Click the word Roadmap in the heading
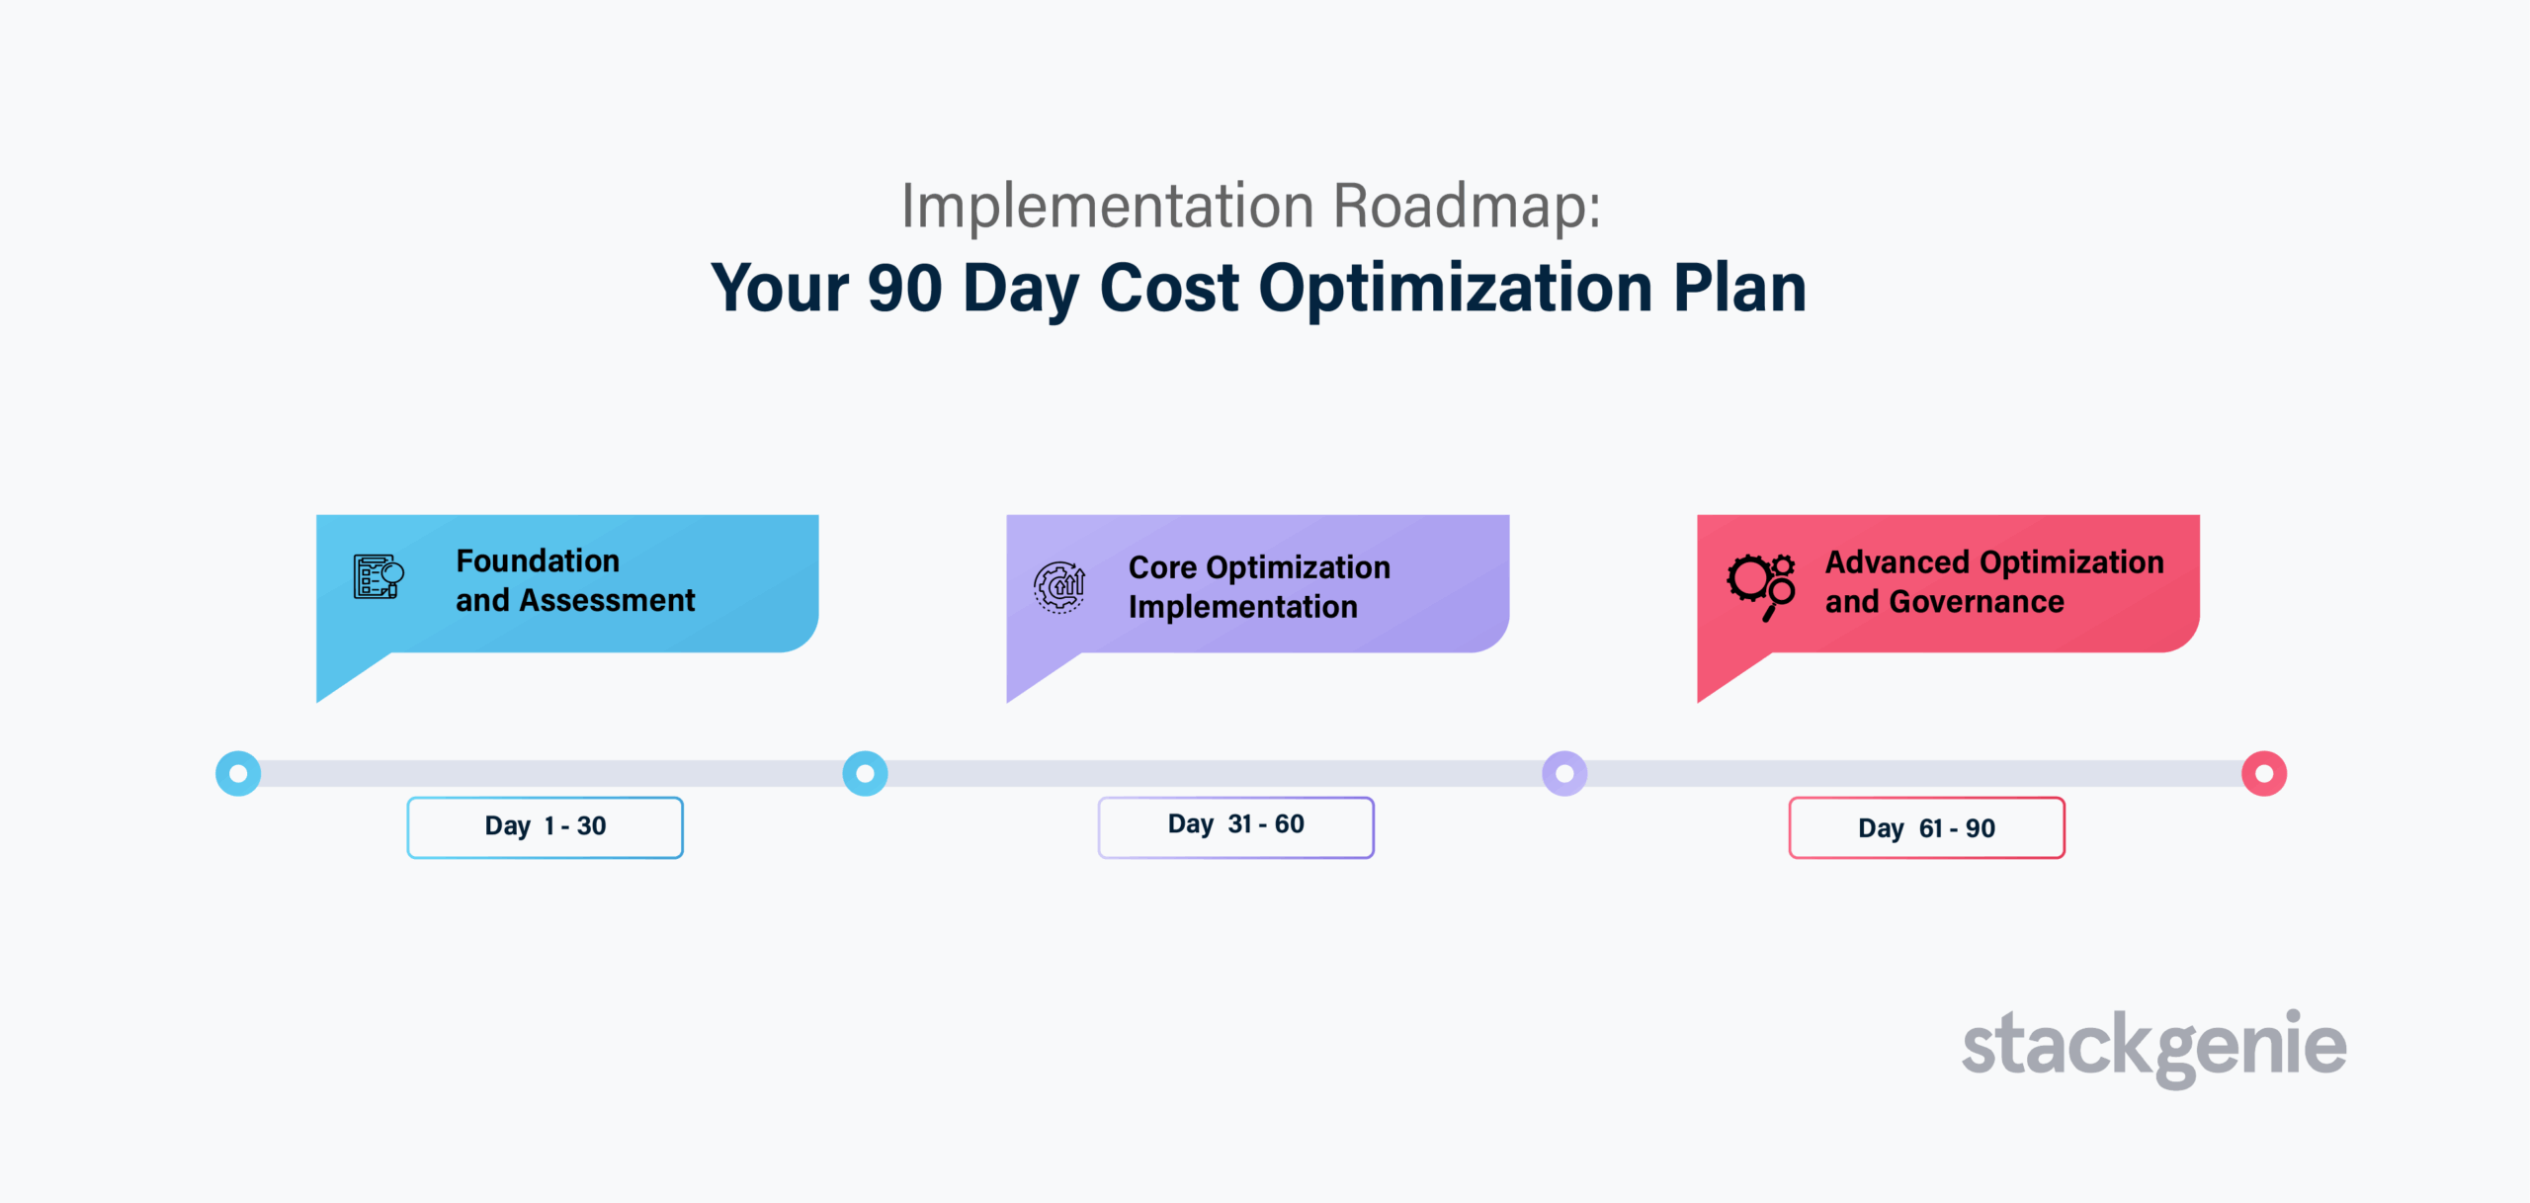1467,206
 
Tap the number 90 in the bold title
904,288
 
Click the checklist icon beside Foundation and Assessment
379,577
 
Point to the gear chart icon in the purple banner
1059,587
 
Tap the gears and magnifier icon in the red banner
1761,587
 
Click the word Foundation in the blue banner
538,560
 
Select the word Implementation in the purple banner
1243,608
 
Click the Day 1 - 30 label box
545,827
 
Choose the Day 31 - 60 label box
1235,827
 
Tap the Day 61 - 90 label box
1926,827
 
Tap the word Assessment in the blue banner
608,600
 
